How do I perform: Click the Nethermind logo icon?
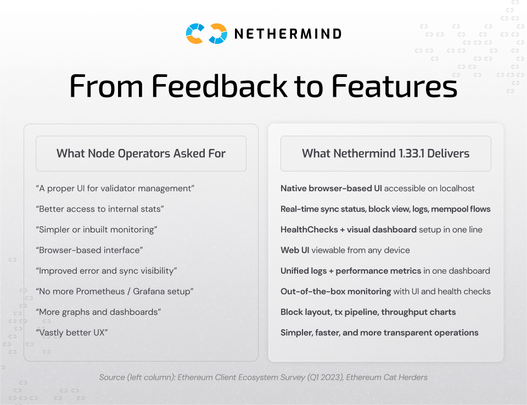206,34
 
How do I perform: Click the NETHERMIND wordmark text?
288,34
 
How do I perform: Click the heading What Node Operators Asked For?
141,154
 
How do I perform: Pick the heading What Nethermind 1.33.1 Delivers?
385,154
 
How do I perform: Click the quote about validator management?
115,188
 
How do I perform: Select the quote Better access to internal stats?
100,209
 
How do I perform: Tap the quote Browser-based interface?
89,250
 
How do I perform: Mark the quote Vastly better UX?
71,332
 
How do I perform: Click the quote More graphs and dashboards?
98,312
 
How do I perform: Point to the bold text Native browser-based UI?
331,188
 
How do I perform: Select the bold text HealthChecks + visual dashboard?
349,230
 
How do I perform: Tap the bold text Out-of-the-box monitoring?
335,291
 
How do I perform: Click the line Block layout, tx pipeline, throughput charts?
368,312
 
